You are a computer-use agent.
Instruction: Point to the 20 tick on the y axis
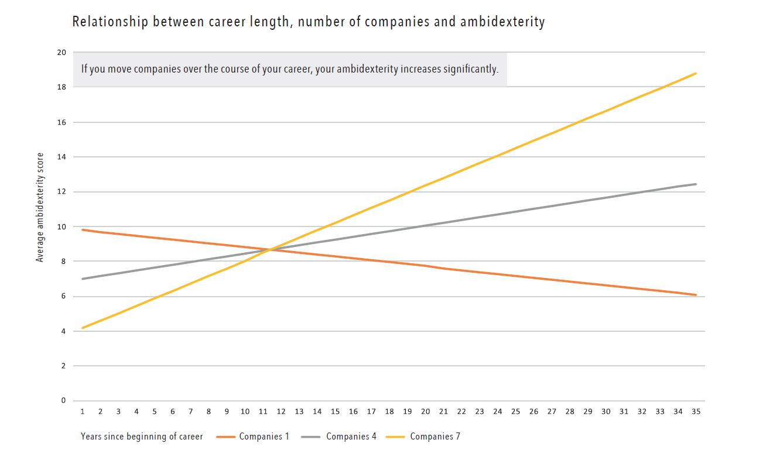[x=61, y=52]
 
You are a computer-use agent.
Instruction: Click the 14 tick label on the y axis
[x=61, y=157]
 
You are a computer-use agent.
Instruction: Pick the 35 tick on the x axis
[x=696, y=411]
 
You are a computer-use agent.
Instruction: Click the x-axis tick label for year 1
[x=83, y=411]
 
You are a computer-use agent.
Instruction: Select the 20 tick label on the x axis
[x=425, y=411]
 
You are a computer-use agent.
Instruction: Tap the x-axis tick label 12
[x=281, y=411]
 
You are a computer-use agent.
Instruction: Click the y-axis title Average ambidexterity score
[x=40, y=207]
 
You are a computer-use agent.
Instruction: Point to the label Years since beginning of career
[x=142, y=437]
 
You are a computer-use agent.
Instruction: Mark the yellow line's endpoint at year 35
[x=696, y=73]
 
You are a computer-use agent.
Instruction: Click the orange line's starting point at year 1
[x=83, y=229]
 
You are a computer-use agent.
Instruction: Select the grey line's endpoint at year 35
[x=696, y=184]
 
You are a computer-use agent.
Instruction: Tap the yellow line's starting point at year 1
[x=83, y=328]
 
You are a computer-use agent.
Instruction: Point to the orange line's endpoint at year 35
[x=696, y=295]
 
